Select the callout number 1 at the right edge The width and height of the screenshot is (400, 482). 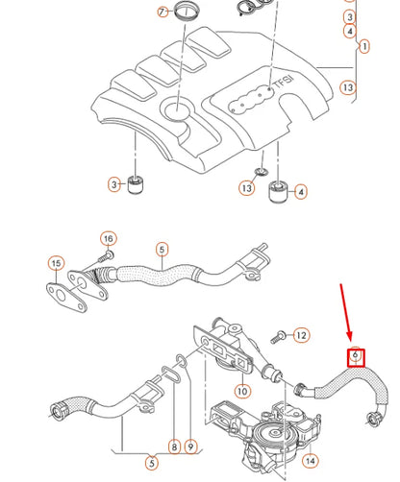coord(364,45)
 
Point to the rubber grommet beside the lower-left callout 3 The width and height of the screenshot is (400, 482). coord(137,183)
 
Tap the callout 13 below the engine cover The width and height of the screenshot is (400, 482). coord(247,188)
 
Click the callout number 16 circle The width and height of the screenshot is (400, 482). coord(108,238)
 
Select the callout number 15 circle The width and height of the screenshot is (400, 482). coord(56,262)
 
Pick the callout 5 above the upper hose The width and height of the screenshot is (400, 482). coord(162,251)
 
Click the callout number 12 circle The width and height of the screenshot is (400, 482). coord(301,335)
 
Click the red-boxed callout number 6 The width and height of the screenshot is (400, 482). coord(355,356)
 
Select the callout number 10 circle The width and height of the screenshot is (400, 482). coord(242,391)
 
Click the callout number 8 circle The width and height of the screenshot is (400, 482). coord(175,446)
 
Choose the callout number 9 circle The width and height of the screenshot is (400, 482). coord(191,446)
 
